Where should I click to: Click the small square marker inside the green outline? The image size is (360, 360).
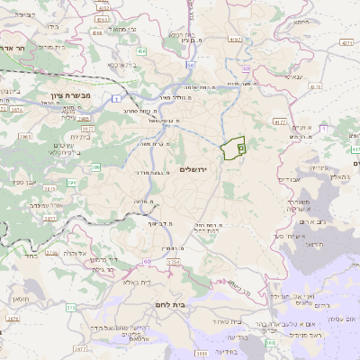tap(240, 147)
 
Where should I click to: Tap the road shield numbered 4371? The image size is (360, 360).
tap(347, 42)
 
